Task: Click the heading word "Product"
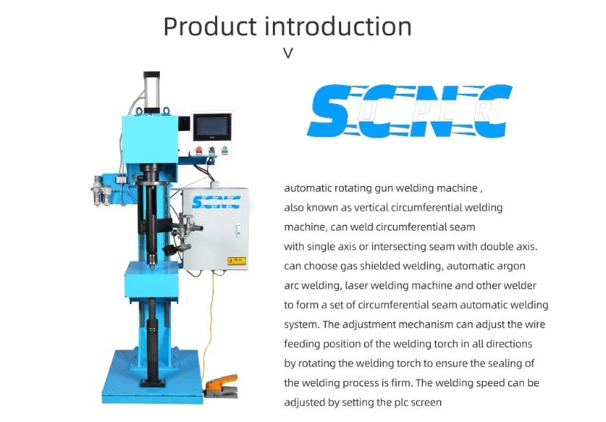click(x=210, y=26)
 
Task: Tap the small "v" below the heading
click(x=288, y=53)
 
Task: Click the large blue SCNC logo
click(x=409, y=112)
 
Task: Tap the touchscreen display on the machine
click(x=213, y=127)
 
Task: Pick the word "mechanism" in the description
click(x=467, y=325)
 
